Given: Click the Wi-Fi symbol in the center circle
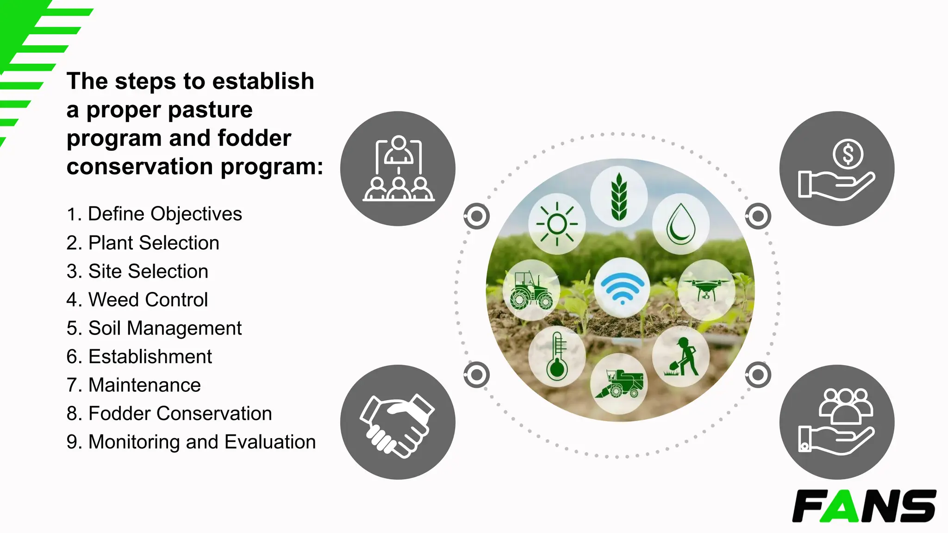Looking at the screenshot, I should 622,287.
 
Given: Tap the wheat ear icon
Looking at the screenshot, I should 619,197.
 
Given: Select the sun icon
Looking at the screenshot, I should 557,224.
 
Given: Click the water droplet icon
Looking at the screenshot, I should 681,224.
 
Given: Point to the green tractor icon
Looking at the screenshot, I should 531,290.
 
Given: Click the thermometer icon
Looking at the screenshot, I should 557,356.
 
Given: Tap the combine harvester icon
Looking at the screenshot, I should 619,384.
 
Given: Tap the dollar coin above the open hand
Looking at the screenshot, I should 848,154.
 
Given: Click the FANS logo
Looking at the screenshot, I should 864,506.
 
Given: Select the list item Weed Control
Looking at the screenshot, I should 137,300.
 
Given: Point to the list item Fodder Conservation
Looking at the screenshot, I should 169,414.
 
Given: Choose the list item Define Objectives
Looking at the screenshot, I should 154,214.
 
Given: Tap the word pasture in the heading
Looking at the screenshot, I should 215,110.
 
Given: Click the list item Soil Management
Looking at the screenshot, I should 154,328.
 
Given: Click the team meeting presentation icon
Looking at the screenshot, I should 398,168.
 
